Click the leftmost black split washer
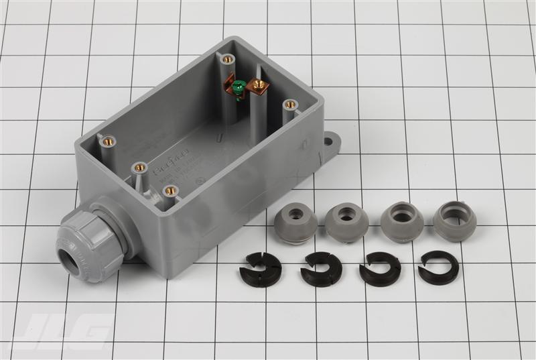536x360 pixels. coord(261,267)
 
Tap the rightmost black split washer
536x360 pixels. coord(438,267)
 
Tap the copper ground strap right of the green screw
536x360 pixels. coord(257,86)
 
